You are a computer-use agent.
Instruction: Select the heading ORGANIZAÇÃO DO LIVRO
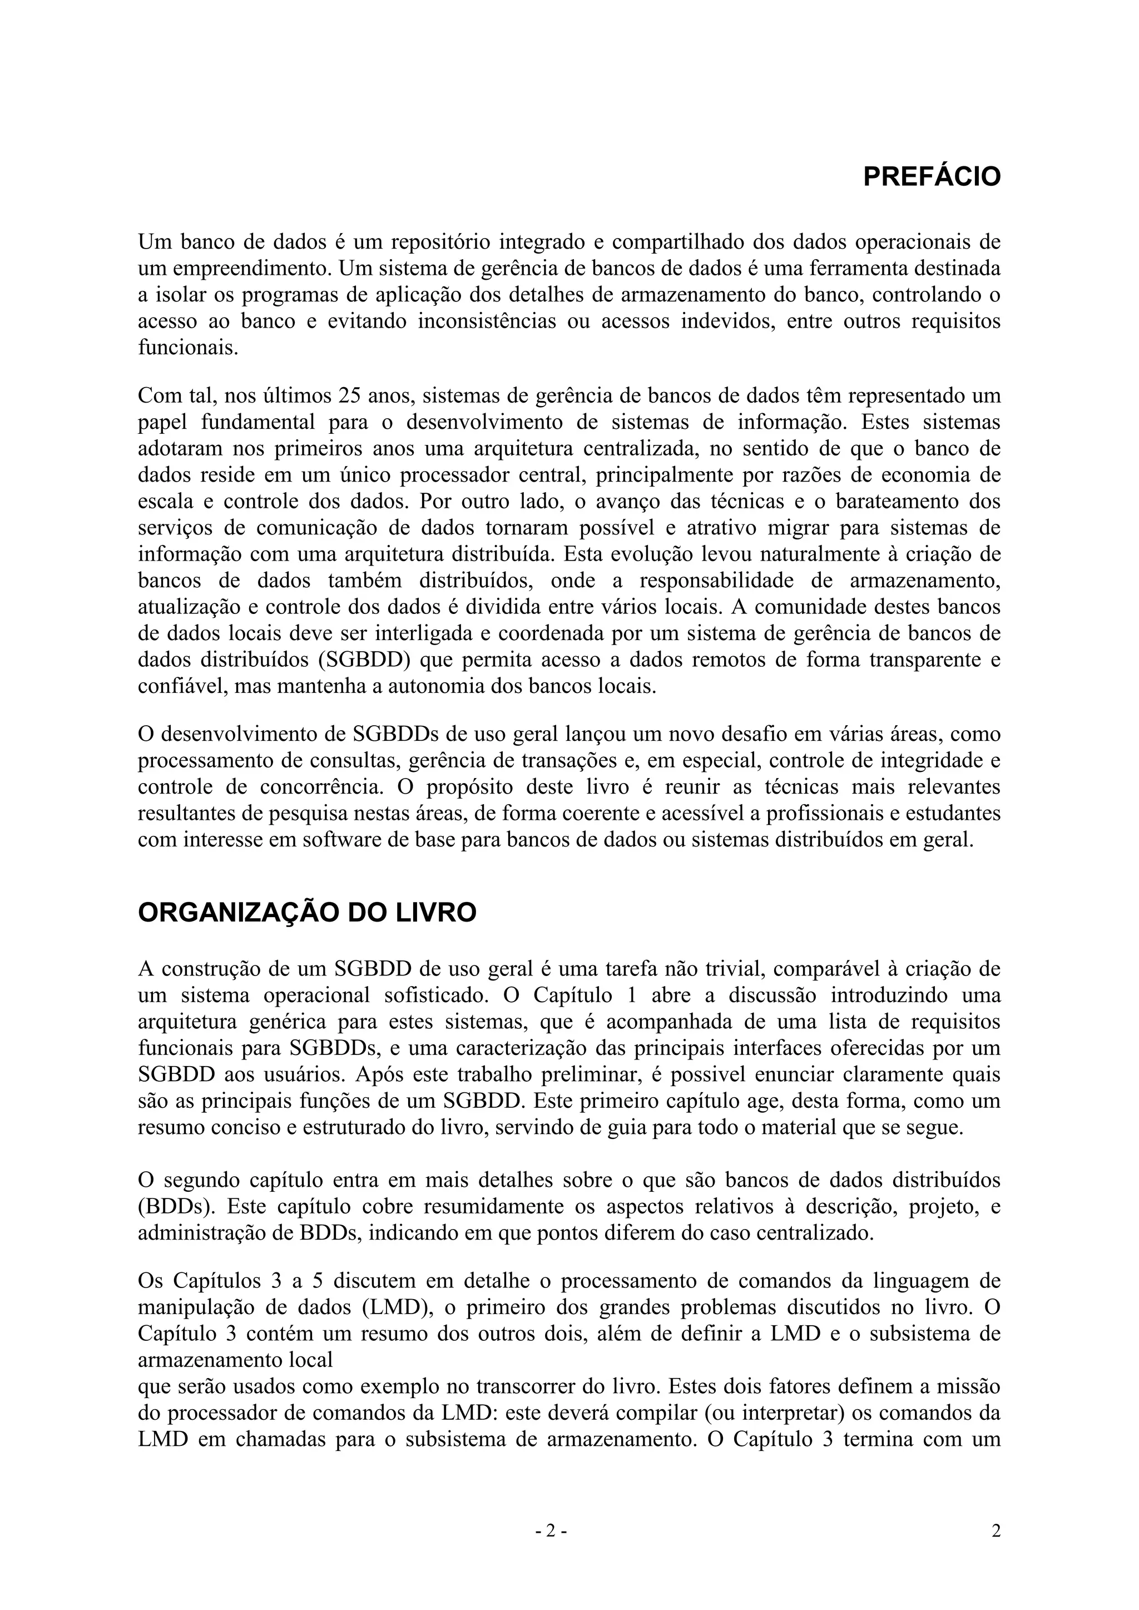point(307,914)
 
